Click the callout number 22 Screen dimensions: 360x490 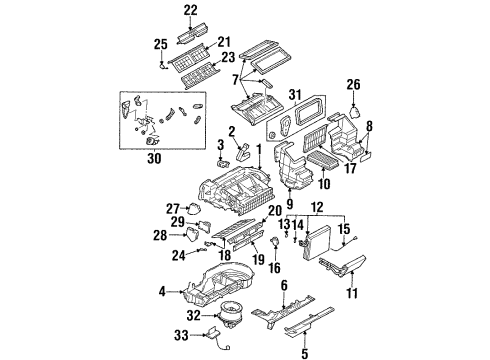(x=191, y=10)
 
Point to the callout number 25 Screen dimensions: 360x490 (x=161, y=44)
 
